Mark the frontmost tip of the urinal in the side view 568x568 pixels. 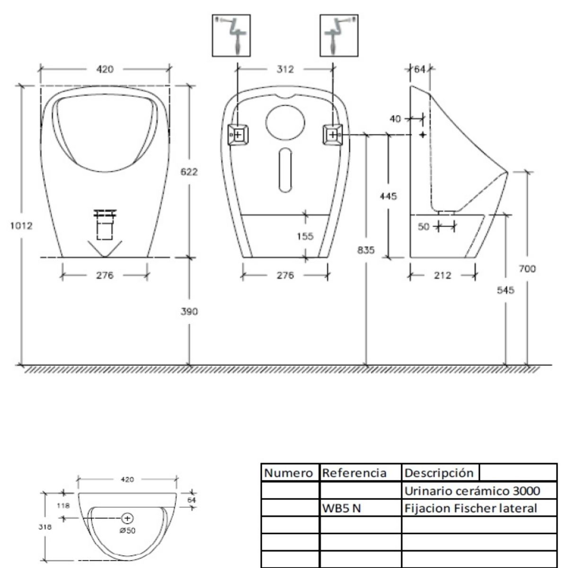click(x=507, y=172)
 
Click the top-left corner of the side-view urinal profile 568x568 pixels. click(x=410, y=86)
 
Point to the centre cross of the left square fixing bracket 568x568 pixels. click(x=238, y=135)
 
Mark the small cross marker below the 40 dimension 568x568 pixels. click(x=423, y=135)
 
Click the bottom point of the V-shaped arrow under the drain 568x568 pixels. click(x=105, y=257)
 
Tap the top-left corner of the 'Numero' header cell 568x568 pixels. click(x=261, y=464)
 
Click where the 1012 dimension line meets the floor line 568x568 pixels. click(x=21, y=365)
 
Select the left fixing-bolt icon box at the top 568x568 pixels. click(x=231, y=35)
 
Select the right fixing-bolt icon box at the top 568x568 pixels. click(x=339, y=35)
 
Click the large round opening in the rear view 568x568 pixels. click(x=285, y=122)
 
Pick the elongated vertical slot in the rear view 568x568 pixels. click(x=285, y=170)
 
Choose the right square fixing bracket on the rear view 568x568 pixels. click(x=333, y=135)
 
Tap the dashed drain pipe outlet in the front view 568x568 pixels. click(x=105, y=225)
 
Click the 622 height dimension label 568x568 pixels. click(x=189, y=172)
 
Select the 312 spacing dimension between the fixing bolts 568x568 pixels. click(x=285, y=69)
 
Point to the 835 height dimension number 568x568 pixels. click(x=366, y=250)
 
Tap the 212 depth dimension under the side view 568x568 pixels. click(x=443, y=275)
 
